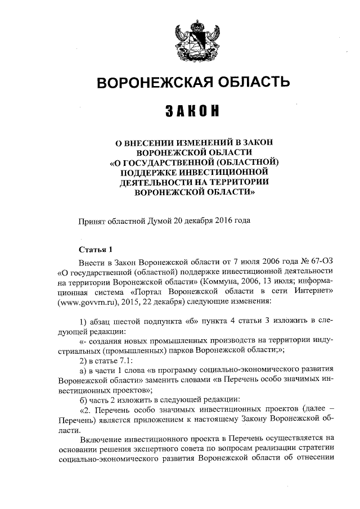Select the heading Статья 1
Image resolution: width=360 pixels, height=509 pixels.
click(x=96, y=249)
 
